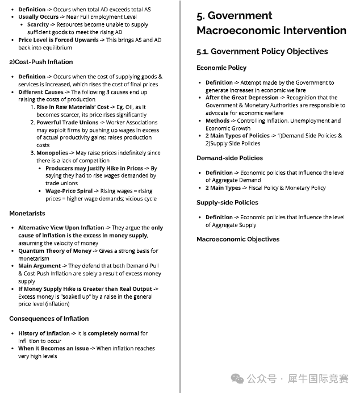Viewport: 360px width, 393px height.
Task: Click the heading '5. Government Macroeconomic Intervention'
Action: pyautogui.click(x=271, y=23)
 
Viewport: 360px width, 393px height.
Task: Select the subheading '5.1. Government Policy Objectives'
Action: pyautogui.click(x=262, y=52)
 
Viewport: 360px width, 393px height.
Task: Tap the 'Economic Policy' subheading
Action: pyautogui.click(x=221, y=68)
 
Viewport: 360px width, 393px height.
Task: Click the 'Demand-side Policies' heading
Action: pyautogui.click(x=229, y=158)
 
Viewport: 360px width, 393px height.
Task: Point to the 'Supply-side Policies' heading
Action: pyautogui.click(x=227, y=202)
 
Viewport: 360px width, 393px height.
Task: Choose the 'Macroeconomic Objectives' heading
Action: pyautogui.click(x=238, y=239)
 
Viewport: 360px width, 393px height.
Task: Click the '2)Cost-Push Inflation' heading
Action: pyautogui.click(x=41, y=62)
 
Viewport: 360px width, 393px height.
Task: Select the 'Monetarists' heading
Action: pyautogui.click(x=27, y=214)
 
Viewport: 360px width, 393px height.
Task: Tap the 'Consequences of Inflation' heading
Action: pyautogui.click(x=49, y=319)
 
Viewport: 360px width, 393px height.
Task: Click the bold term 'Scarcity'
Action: pyautogui.click(x=38, y=25)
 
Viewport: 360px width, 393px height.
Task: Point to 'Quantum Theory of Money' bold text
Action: pyautogui.click(x=55, y=250)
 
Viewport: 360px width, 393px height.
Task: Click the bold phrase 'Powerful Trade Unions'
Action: pyautogui.click(x=67, y=122)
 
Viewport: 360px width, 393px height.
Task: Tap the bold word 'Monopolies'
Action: pyautogui.click(x=52, y=153)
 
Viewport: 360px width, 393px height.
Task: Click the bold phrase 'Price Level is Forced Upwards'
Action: pyautogui.click(x=58, y=40)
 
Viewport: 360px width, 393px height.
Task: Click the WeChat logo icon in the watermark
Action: pyautogui.click(x=237, y=378)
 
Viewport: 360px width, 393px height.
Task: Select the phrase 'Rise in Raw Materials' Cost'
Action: pyautogui.click(x=73, y=107)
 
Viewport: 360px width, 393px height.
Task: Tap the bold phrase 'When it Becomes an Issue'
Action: pyautogui.click(x=54, y=349)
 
